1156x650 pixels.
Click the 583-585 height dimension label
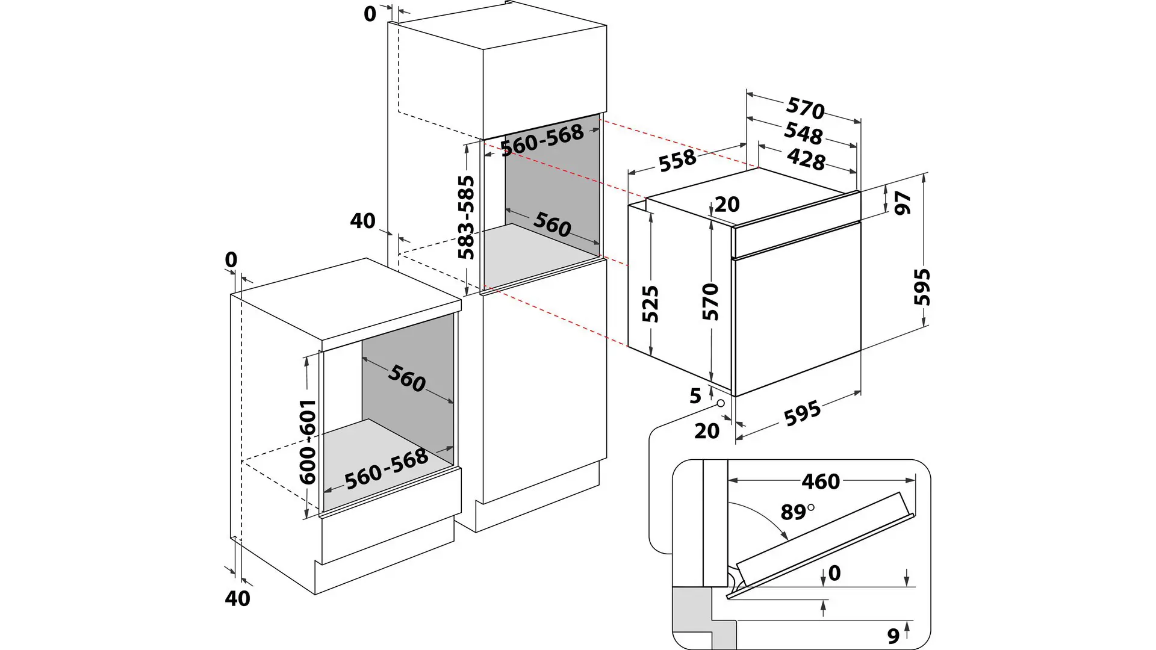click(x=466, y=217)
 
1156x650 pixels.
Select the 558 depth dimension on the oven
click(x=677, y=161)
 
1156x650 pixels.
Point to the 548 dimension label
click(x=803, y=134)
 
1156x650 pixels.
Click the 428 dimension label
click(x=806, y=159)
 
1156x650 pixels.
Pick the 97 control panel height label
click(x=903, y=203)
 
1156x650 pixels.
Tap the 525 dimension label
click(x=650, y=304)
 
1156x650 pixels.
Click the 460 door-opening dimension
click(x=820, y=481)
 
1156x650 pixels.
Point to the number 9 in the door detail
click(x=893, y=636)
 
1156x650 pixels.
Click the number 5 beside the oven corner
click(x=695, y=395)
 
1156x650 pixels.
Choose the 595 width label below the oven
click(x=803, y=413)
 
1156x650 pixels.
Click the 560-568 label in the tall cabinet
click(x=542, y=140)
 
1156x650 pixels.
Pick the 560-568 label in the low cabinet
click(x=386, y=469)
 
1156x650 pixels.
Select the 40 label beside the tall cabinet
click(x=362, y=221)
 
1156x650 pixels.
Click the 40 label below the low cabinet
click(x=237, y=598)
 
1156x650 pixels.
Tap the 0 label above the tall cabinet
click(x=370, y=14)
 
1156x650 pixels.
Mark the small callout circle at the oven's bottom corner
click(x=719, y=403)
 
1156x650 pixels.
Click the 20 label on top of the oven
click(x=727, y=205)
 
